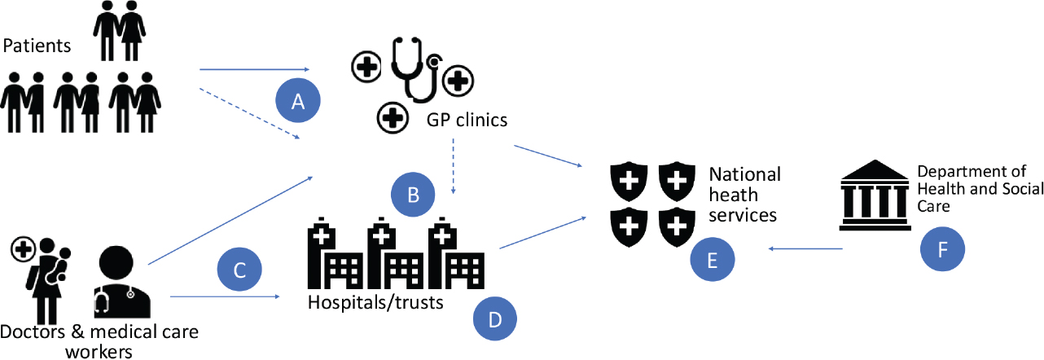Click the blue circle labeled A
(297, 102)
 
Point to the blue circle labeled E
(712, 260)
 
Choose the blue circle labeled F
(942, 248)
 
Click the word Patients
(37, 46)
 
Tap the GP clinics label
(467, 121)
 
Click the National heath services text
(744, 195)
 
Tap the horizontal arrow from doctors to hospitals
(225, 297)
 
